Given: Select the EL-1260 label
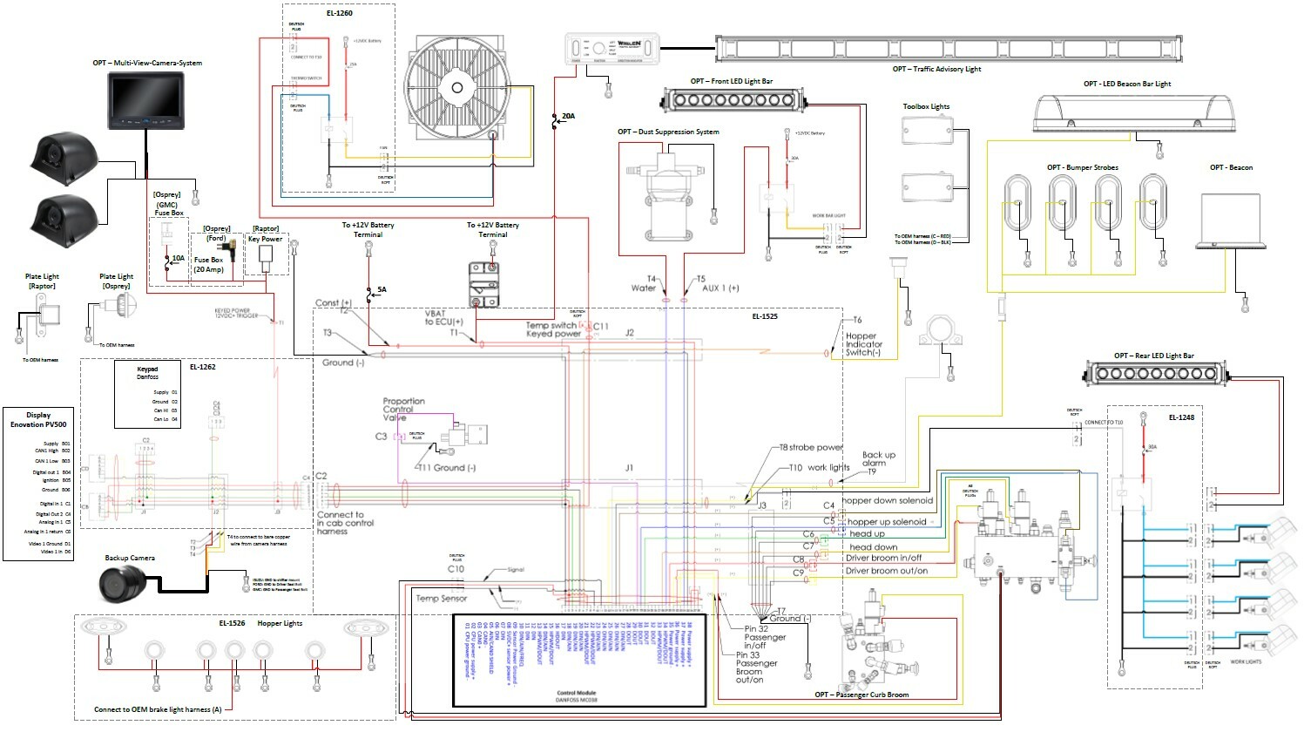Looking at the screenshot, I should coord(339,13).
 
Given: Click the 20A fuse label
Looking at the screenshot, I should coord(568,116).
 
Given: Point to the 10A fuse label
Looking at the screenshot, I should coord(178,258).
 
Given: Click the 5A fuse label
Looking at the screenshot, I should coord(382,289).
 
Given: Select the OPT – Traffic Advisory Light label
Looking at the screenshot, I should coord(936,69).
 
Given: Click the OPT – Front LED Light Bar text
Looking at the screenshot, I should coord(731,81).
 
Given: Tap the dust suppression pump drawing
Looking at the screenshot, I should coord(668,196).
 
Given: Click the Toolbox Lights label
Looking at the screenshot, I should coord(926,106).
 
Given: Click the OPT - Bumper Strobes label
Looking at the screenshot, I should coord(1082,167).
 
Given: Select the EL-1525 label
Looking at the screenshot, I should coord(764,316).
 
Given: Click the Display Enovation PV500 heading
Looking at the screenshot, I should coord(37,420).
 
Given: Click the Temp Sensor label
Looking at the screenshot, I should coord(441,599).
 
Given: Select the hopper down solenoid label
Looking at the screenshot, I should coord(887,501).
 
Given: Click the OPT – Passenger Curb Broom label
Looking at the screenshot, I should coord(861,695).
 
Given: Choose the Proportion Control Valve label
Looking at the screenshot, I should coord(403,409).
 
